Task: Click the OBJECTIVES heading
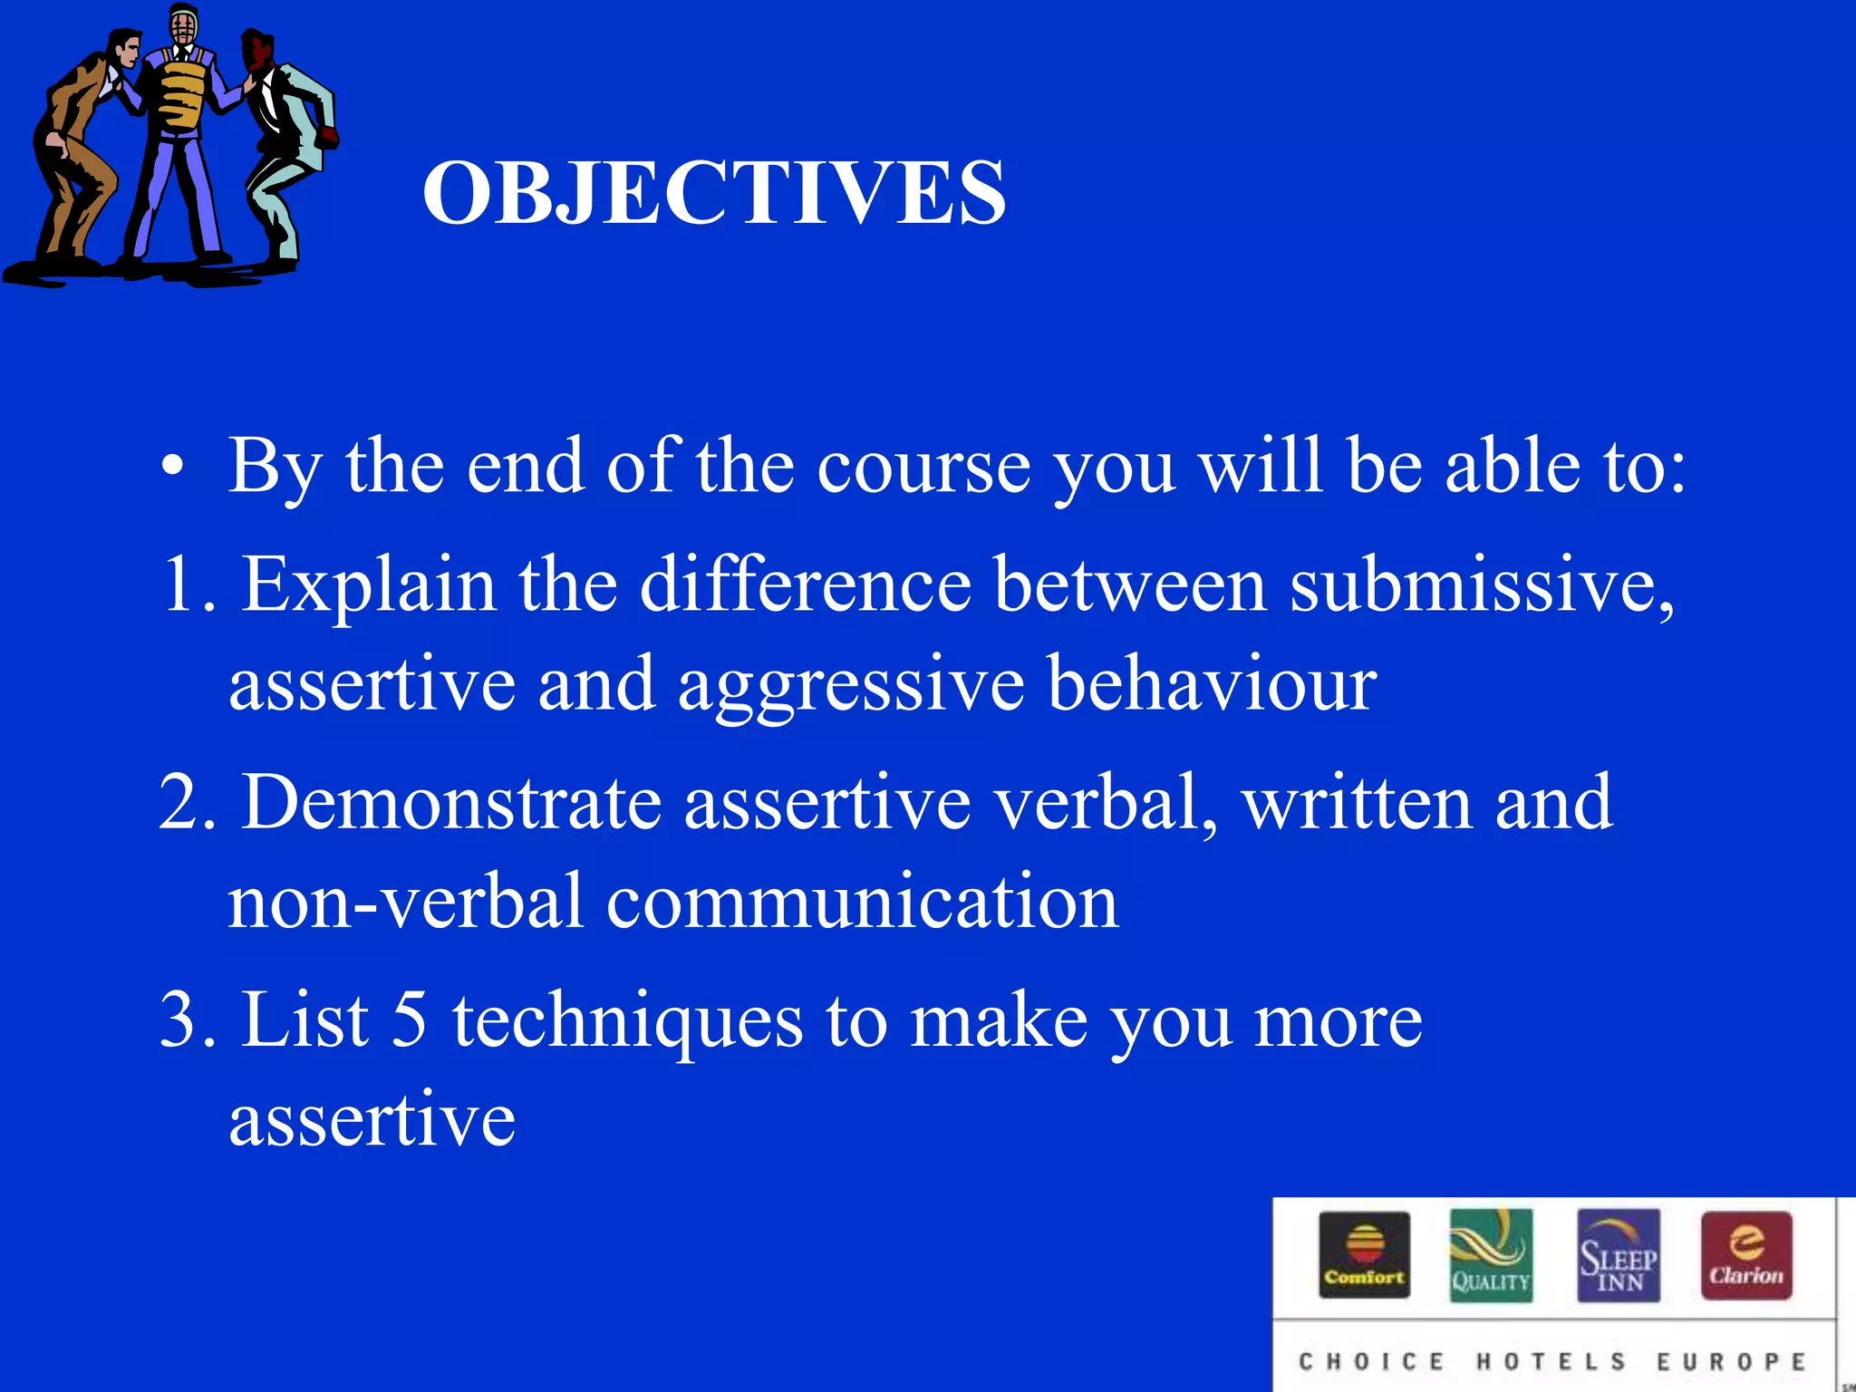point(714,192)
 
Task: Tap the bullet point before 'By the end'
point(172,468)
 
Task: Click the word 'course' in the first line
point(923,468)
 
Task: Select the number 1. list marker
point(188,585)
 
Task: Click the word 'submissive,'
point(1483,585)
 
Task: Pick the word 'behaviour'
point(1212,684)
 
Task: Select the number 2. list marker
point(188,803)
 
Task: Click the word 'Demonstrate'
point(451,803)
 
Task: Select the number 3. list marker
point(188,1020)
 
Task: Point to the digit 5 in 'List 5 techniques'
point(410,1020)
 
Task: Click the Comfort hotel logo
point(1364,1255)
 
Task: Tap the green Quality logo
point(1491,1255)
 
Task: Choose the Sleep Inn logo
point(1619,1255)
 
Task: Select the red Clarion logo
point(1746,1255)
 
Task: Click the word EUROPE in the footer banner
point(1731,1361)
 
